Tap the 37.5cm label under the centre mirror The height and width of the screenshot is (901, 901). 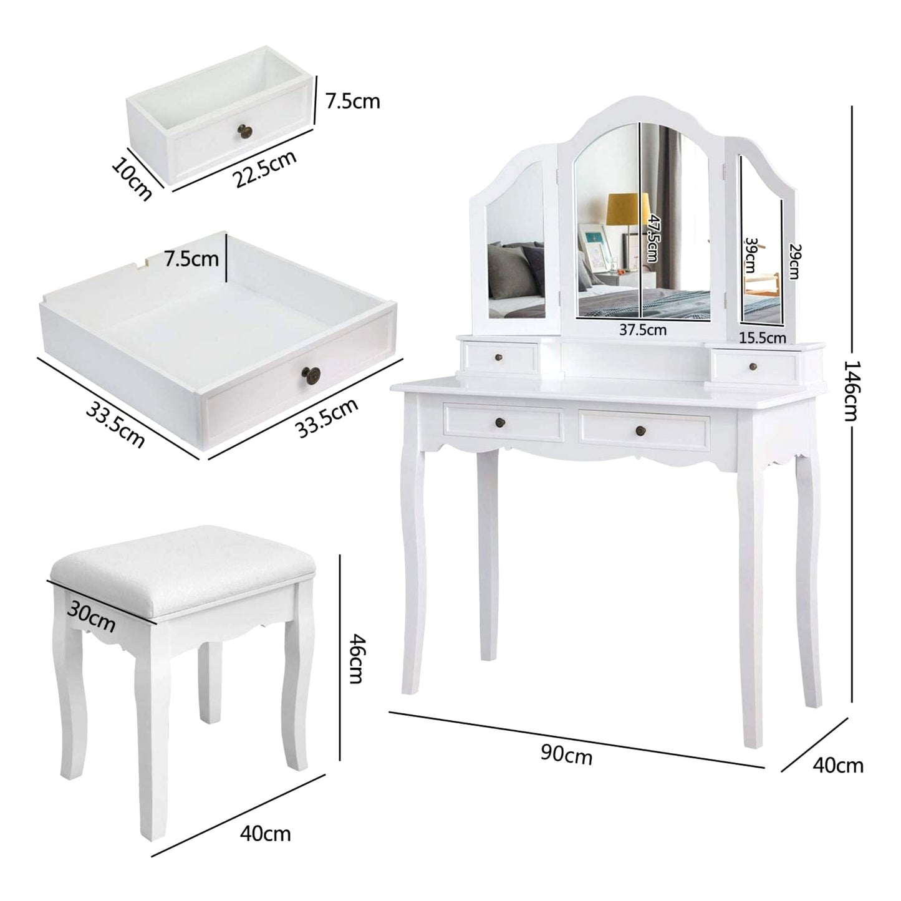[x=642, y=330]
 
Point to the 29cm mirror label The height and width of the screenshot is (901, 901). [x=794, y=261]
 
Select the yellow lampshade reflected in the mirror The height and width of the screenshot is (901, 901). [x=627, y=208]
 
